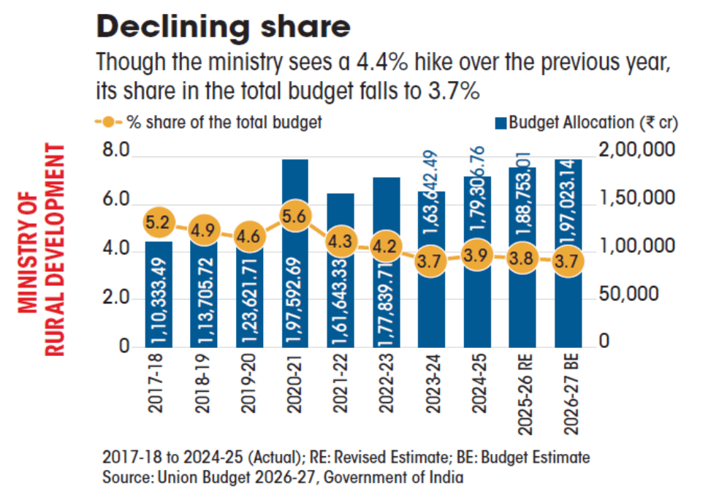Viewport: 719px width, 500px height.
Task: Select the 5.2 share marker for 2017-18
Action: [158, 221]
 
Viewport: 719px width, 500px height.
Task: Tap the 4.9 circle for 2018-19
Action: [203, 230]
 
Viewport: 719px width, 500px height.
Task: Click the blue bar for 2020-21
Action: [294, 292]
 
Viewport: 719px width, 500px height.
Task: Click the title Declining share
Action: [223, 27]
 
